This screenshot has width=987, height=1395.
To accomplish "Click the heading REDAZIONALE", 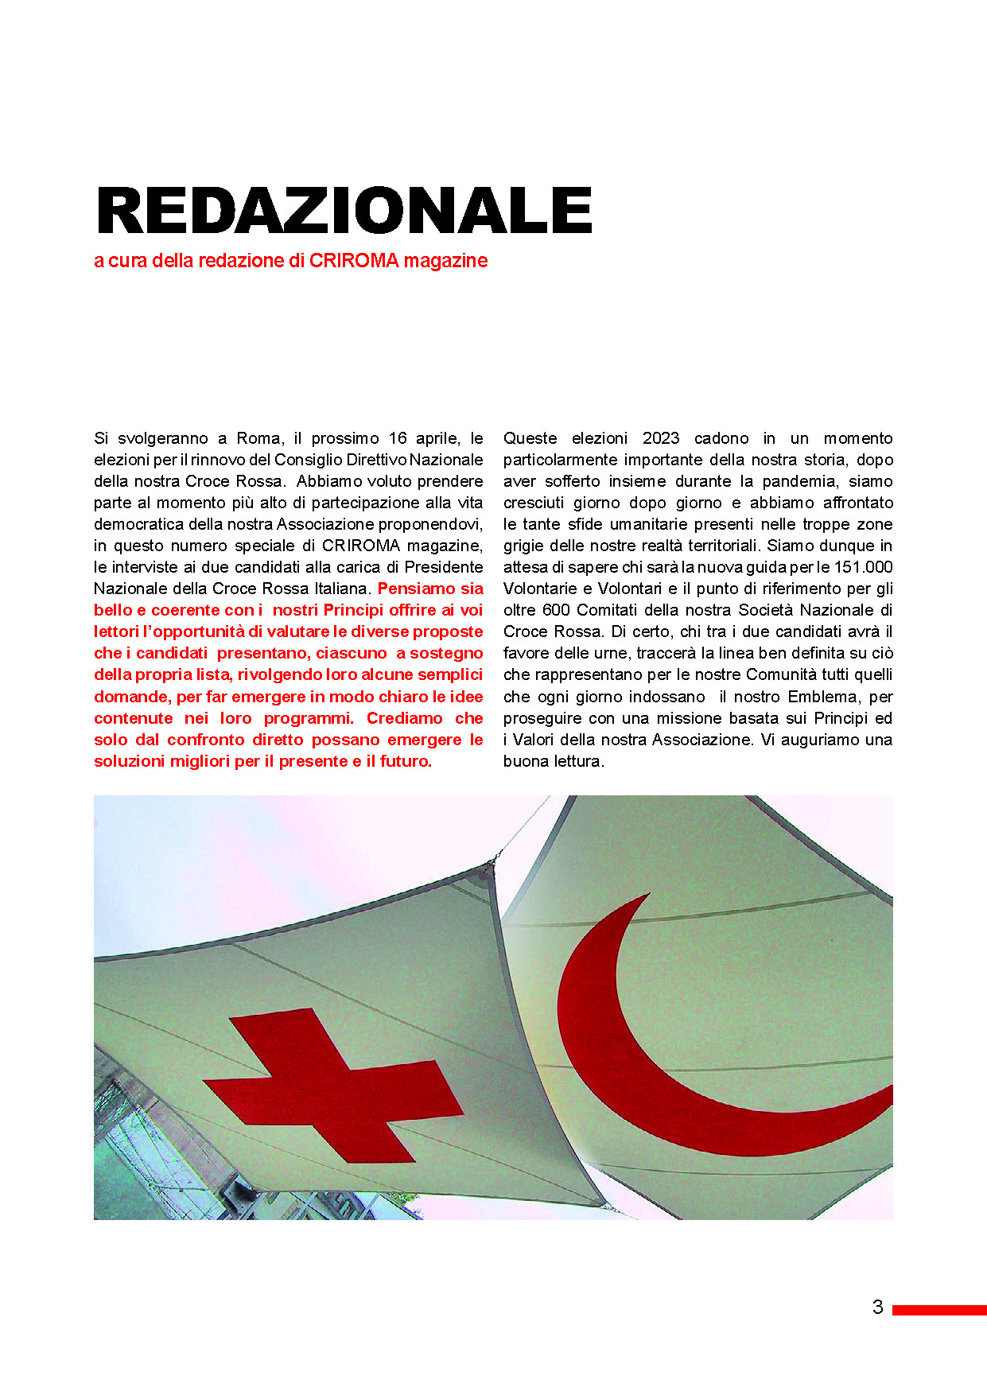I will pos(344,211).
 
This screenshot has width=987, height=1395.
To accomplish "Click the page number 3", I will pos(877,1307).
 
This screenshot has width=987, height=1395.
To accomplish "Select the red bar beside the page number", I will pos(938,1309).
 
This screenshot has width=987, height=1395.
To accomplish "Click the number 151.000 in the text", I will pos(864,567).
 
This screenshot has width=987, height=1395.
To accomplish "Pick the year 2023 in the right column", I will pos(661,438).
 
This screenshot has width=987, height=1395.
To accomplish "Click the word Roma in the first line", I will pos(258,438).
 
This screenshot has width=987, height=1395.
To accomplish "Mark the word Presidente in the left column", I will pos(444,567).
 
